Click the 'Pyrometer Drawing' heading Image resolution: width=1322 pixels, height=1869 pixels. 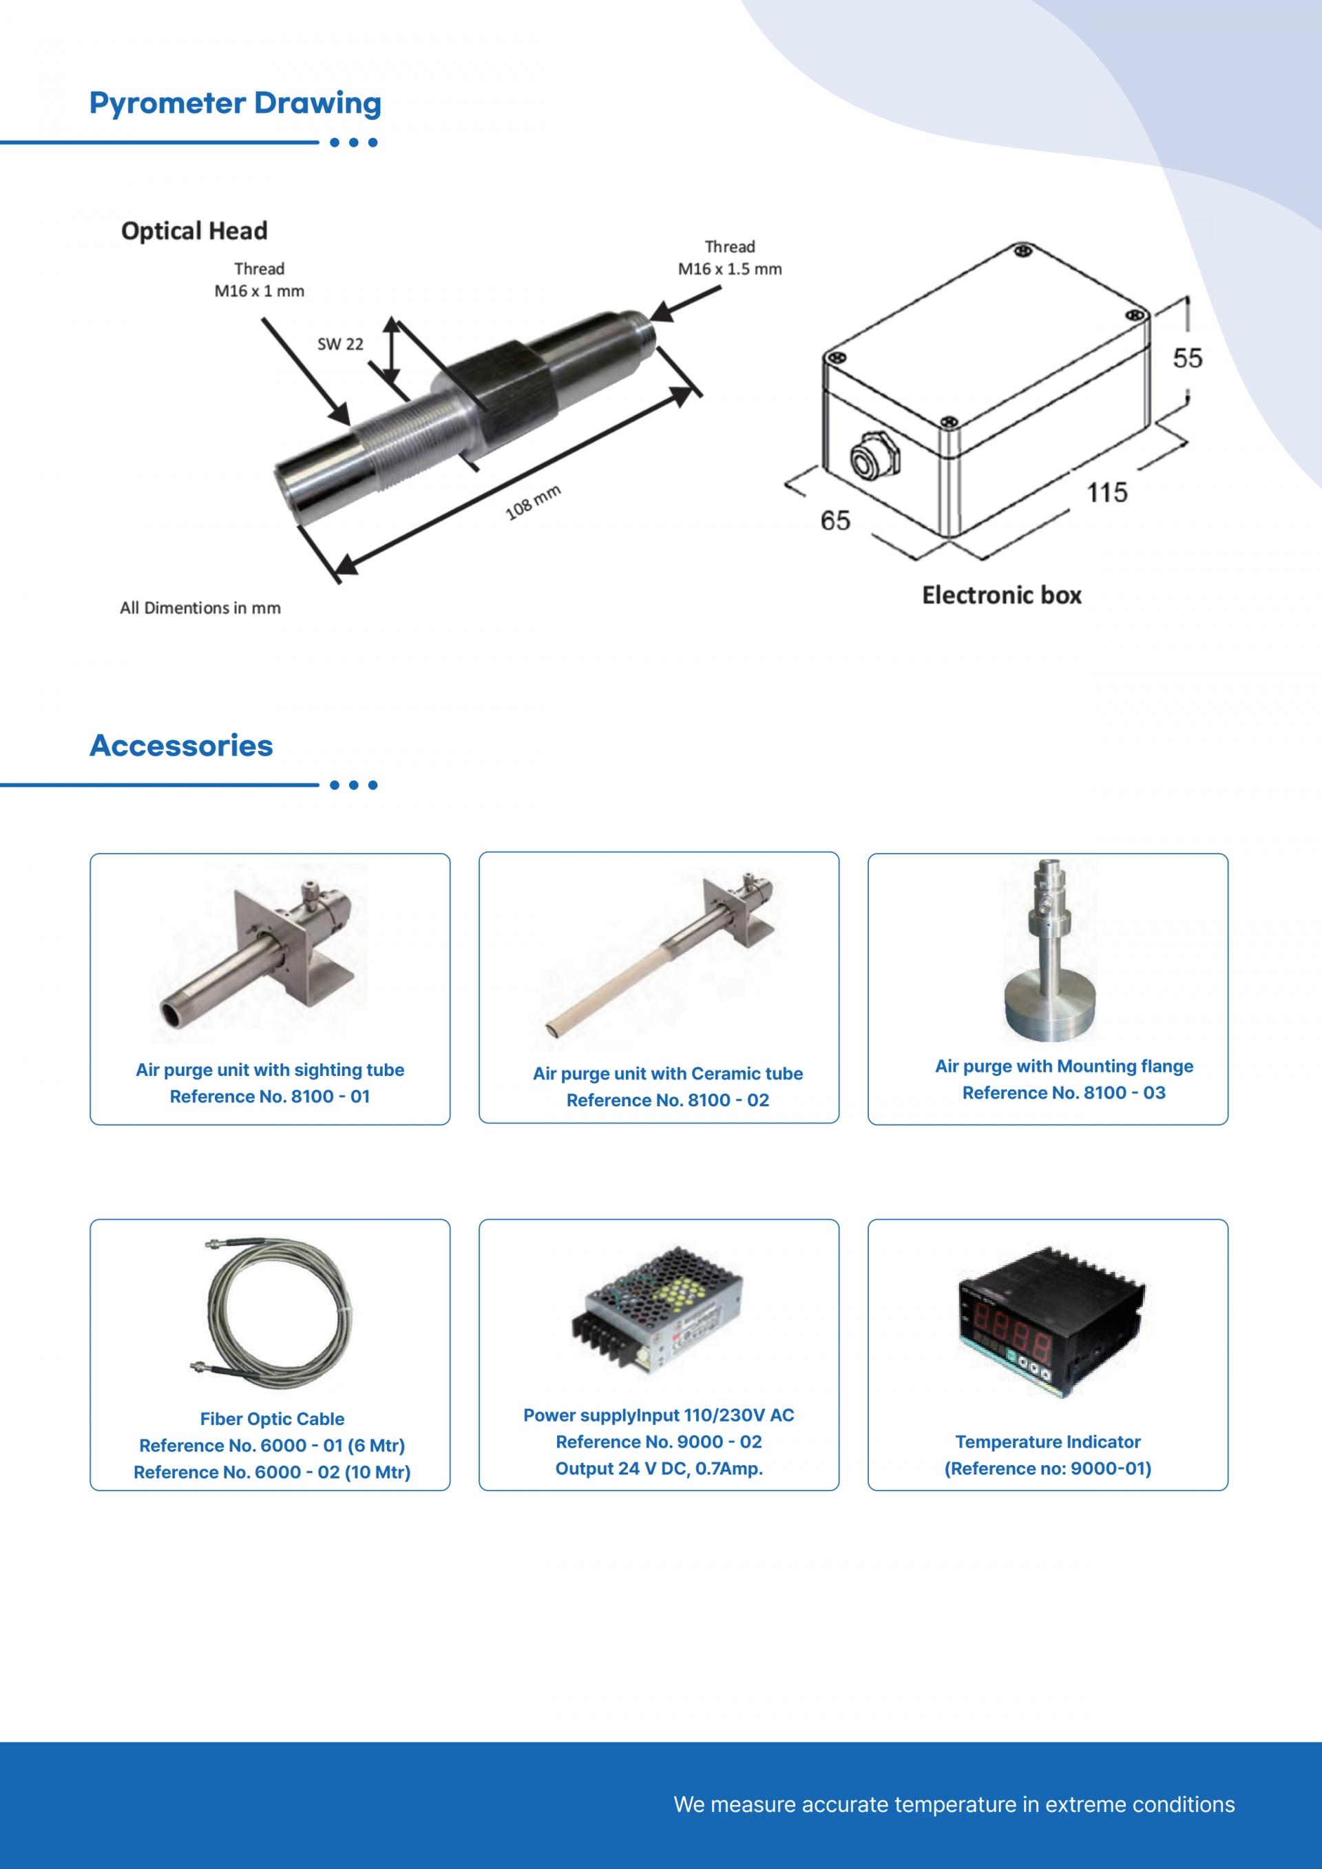pyautogui.click(x=235, y=104)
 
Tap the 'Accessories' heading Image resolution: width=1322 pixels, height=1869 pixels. pyautogui.click(x=182, y=746)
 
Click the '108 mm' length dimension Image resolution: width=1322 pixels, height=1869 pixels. pyautogui.click(x=533, y=503)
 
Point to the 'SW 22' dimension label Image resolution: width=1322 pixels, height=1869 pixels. pyautogui.click(x=340, y=344)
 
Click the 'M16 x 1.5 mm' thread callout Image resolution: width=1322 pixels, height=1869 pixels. pyautogui.click(x=730, y=269)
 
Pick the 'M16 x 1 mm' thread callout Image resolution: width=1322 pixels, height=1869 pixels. pyautogui.click(x=260, y=291)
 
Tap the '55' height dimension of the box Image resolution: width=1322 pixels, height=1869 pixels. pyautogui.click(x=1188, y=358)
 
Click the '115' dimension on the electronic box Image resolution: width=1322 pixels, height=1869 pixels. pyautogui.click(x=1108, y=492)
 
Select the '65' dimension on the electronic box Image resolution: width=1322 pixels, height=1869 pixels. pyautogui.click(x=835, y=520)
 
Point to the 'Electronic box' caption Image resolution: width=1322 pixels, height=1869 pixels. pyautogui.click(x=1002, y=595)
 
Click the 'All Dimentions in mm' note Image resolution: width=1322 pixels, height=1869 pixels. pyautogui.click(x=200, y=608)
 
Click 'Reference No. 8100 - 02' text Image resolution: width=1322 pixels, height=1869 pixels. pyautogui.click(x=667, y=1101)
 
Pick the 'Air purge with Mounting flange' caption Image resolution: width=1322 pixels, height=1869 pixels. pyautogui.click(x=1064, y=1066)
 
